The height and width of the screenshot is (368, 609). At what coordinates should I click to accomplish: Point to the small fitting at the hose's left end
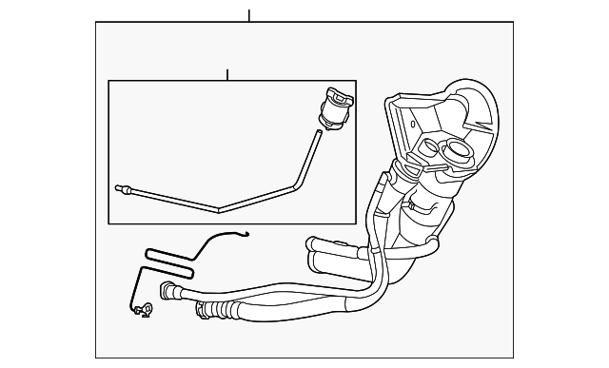pos(120,188)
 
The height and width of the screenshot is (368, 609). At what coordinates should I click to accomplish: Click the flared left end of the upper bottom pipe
pos(169,289)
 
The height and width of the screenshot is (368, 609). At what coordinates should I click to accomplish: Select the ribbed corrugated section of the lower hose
pos(213,308)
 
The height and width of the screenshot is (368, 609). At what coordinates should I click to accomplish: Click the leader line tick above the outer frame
pos(249,15)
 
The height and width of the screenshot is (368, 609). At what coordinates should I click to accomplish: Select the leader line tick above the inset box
pos(227,74)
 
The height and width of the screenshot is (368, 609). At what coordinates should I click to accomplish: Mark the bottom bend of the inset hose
pos(219,208)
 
